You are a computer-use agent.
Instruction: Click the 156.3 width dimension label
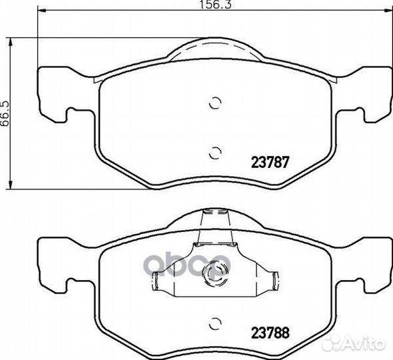point(216,5)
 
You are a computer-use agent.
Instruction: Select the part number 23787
point(270,162)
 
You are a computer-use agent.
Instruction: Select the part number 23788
point(270,333)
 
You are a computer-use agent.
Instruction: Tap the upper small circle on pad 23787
point(215,103)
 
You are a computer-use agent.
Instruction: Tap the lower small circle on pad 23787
point(215,153)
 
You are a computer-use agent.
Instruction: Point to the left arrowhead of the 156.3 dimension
point(41,11)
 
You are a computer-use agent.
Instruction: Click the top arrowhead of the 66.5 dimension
point(10,42)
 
